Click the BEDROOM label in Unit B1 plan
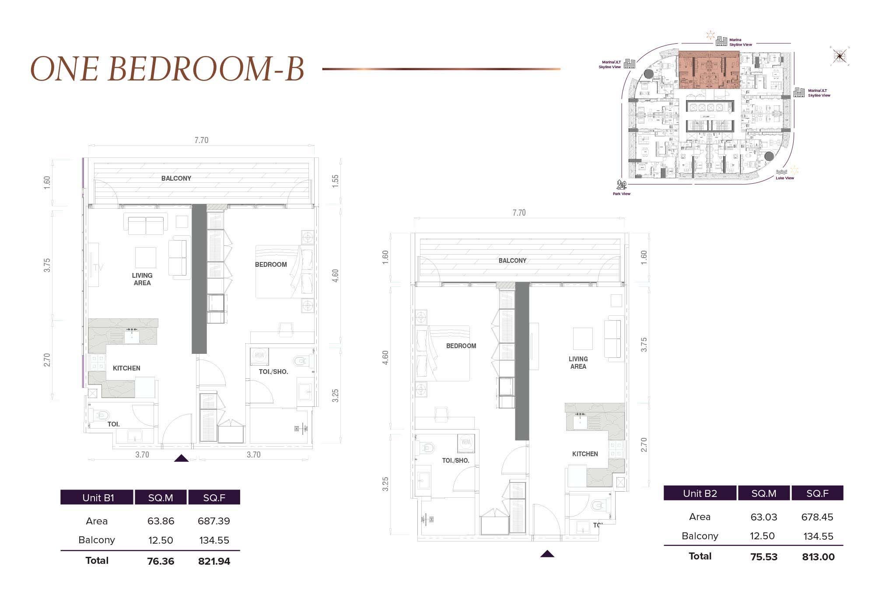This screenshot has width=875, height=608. pos(271,265)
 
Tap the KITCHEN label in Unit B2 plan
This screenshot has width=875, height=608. pos(584,454)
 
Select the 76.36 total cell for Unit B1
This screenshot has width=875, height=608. pos(161,561)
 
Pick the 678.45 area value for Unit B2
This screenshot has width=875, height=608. pos(817,517)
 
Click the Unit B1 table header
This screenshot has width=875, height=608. pos(98,498)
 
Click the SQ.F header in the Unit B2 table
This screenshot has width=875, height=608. pos(817,493)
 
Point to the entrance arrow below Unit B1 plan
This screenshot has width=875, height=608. pos(181,458)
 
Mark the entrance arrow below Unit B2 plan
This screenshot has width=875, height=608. pos(547,554)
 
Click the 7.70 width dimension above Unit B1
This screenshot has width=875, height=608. pos(201,140)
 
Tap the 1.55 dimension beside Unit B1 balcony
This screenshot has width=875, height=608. pos(336,181)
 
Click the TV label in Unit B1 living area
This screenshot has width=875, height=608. pos(97,268)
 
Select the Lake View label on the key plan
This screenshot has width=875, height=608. pos(784,178)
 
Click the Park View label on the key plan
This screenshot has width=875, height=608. pos(621,194)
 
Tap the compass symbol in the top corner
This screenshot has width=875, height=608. pos(839,56)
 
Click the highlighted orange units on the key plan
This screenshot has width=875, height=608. pos(709,70)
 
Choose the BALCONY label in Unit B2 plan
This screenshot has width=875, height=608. pos(512,261)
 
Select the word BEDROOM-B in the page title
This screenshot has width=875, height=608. pos(206,69)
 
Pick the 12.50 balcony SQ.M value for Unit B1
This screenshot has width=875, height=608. pos(161,540)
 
